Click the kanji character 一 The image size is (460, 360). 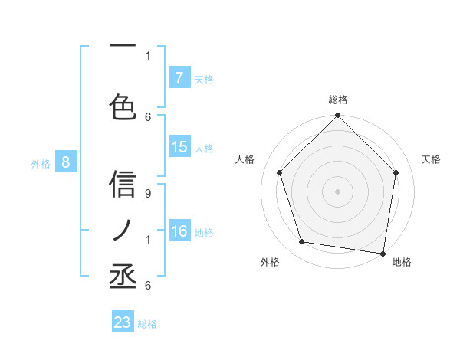pos(123,46)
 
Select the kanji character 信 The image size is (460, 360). pos(123,185)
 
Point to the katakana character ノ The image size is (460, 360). pos(123,231)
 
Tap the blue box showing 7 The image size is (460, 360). pos(179,78)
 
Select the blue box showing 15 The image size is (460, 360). pos(179,148)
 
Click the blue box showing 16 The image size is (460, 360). pos(179,232)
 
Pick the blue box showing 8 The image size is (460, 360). pos(66,162)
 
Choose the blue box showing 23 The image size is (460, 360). pos(123,322)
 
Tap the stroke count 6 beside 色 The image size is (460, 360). pos(148,116)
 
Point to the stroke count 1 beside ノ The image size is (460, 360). pos(148,240)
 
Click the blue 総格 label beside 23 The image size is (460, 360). pos(147,324)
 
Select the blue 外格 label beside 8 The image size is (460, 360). pos(41,163)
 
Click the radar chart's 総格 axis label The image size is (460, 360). pos(337,100)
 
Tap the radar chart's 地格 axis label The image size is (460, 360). pos(402,262)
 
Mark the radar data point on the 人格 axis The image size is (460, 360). pos(279,172)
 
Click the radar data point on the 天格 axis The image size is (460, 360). pos(396,172)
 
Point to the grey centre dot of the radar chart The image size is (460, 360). pos(337,191)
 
